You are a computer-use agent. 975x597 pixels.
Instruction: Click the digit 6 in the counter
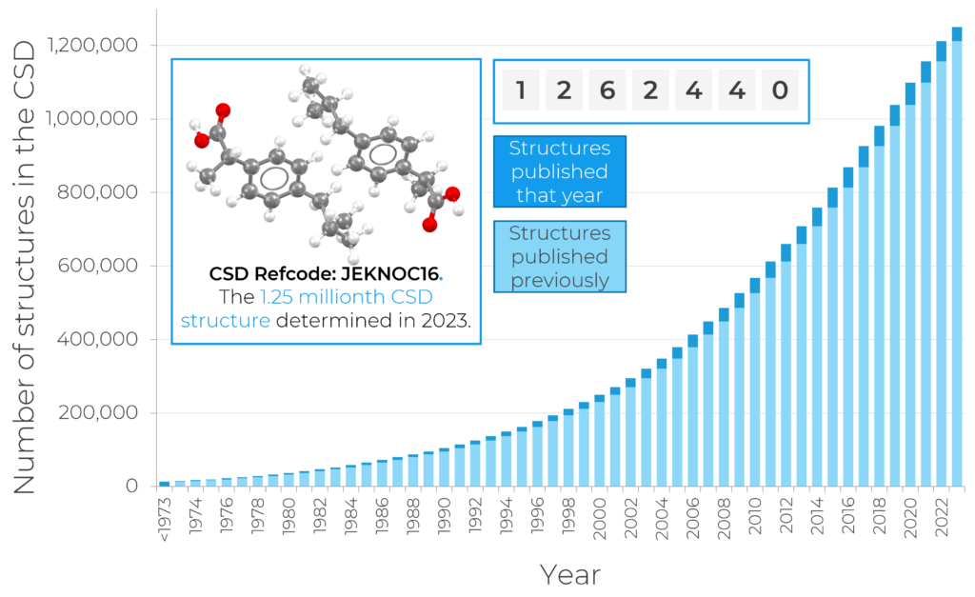607,91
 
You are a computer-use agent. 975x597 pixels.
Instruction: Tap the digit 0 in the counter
780,91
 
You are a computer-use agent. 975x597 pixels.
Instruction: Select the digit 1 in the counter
520,91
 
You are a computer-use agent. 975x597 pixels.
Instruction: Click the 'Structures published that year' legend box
559,172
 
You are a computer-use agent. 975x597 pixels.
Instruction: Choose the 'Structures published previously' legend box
559,257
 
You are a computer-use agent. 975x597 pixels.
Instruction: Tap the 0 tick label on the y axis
132,487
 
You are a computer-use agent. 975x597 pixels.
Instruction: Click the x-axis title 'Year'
570,574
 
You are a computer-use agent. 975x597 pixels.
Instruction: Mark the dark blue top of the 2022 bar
942,51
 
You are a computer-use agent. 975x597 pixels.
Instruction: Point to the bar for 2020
910,286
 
